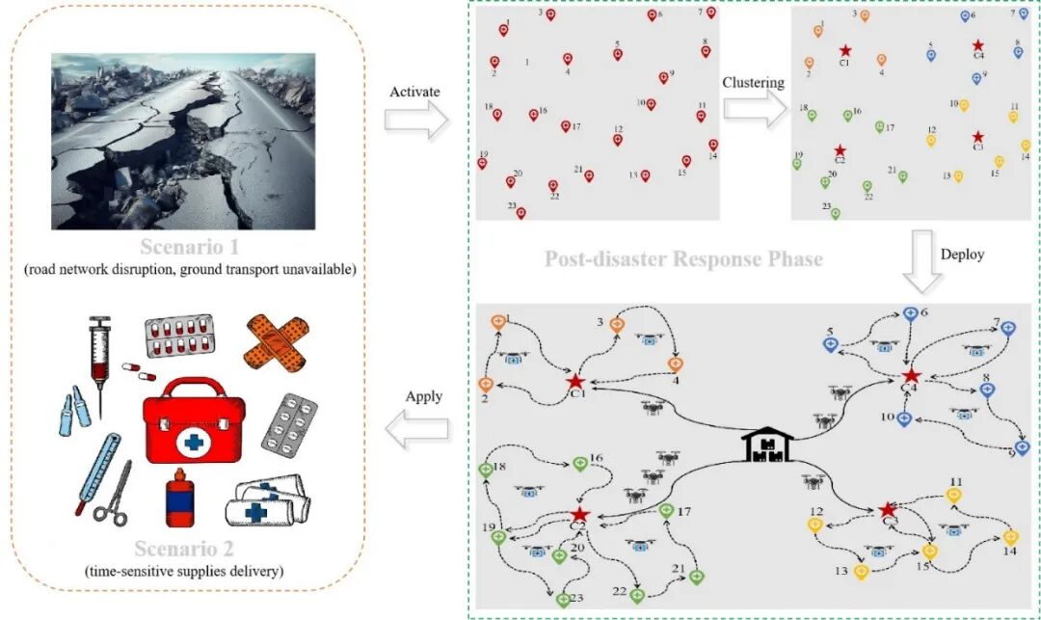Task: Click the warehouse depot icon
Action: click(x=767, y=445)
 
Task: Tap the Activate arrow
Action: click(x=416, y=119)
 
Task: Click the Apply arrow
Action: click(x=417, y=425)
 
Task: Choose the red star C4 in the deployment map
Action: click(x=911, y=374)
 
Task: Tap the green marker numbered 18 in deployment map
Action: click(x=486, y=470)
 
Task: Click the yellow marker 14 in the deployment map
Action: click(x=1010, y=537)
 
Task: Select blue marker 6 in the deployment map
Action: click(x=910, y=313)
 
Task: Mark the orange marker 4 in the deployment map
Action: click(x=676, y=364)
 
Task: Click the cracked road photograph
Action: click(x=183, y=141)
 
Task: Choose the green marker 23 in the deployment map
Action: click(x=563, y=600)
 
